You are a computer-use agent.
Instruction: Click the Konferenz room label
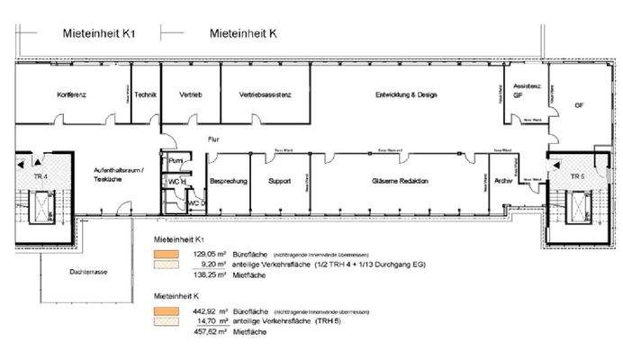71,94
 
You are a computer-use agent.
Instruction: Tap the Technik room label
146,94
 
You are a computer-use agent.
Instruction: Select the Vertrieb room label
190,94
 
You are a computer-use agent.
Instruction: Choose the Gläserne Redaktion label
400,181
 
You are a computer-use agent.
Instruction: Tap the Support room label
280,181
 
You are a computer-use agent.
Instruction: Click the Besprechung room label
229,181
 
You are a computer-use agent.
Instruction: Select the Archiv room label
503,180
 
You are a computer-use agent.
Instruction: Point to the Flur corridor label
213,139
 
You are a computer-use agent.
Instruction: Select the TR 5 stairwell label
576,176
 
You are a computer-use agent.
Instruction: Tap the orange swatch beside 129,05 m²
162,255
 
